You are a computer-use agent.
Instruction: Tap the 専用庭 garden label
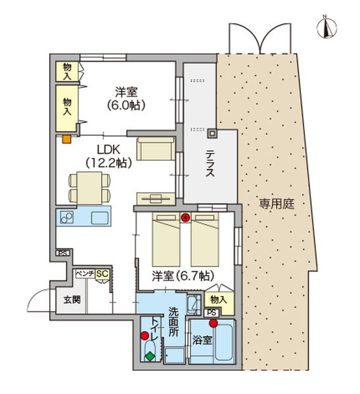[x=275, y=204]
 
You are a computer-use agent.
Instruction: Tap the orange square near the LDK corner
[x=66, y=139]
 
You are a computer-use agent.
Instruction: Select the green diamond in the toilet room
[x=150, y=357]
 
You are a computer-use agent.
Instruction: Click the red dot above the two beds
[x=186, y=217]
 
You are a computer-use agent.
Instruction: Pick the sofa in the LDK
[x=156, y=148]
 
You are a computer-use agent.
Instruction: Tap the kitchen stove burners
[x=66, y=217]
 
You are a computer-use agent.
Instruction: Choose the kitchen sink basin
[x=99, y=217]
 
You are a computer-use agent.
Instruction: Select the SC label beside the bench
[x=102, y=273]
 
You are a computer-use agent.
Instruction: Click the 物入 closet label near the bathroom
[x=219, y=299]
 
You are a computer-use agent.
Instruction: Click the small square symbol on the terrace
[x=212, y=134]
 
